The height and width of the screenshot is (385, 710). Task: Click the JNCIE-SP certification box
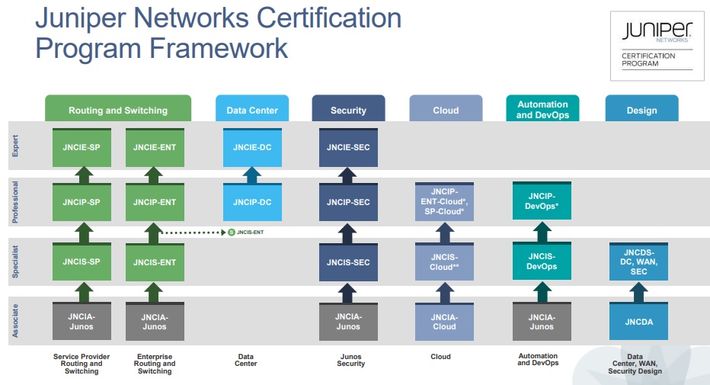coord(82,147)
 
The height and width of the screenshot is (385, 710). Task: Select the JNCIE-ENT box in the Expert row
coord(155,147)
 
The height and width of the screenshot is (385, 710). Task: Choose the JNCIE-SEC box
coord(348,147)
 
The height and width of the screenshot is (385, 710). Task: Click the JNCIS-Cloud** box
coord(446,261)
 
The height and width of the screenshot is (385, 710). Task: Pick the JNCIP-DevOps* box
coord(542,202)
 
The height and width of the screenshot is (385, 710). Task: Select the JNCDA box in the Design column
coord(639,322)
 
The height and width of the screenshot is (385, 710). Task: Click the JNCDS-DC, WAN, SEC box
coord(639,261)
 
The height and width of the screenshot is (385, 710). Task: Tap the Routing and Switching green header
coord(118,110)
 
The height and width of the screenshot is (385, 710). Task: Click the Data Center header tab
coord(252,110)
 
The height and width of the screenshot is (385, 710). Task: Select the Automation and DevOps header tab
coord(542,109)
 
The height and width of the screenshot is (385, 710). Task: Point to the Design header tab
coord(641,110)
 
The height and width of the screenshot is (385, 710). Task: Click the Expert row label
coord(16,147)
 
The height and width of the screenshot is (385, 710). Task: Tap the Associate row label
coord(16,321)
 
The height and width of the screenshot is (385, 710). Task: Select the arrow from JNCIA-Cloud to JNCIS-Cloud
coord(446,292)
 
